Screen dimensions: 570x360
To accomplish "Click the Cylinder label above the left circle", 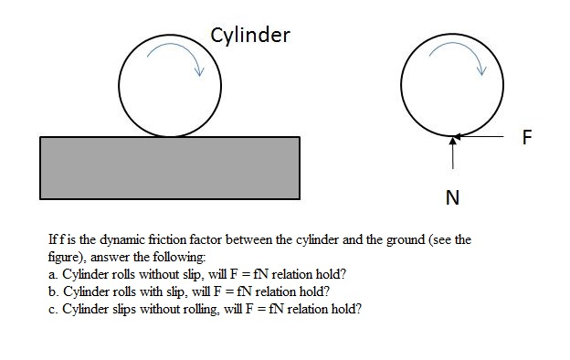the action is [249, 36].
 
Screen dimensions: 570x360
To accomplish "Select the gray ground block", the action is [170, 167].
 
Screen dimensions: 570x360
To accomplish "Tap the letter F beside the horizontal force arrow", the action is [527, 138].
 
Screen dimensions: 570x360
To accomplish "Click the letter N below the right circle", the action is [452, 197].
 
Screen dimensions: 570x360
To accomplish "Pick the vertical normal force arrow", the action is [453, 155].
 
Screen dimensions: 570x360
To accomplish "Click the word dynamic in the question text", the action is [116, 240].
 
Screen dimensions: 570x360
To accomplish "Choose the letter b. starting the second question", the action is [52, 291].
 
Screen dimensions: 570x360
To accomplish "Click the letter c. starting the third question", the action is [52, 309].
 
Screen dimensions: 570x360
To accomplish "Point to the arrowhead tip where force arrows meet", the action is [453, 139].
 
